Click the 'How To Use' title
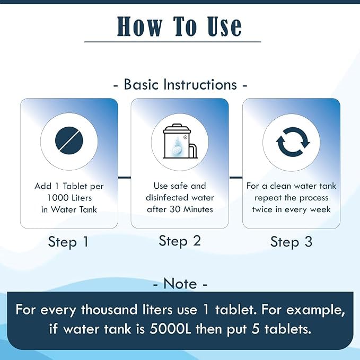(x=179, y=27)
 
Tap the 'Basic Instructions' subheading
(x=180, y=84)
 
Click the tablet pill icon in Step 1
(x=69, y=140)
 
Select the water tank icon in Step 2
(x=180, y=141)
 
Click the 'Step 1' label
(x=68, y=242)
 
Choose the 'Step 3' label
(x=291, y=242)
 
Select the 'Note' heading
(x=180, y=283)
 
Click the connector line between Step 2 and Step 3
(x=235, y=177)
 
